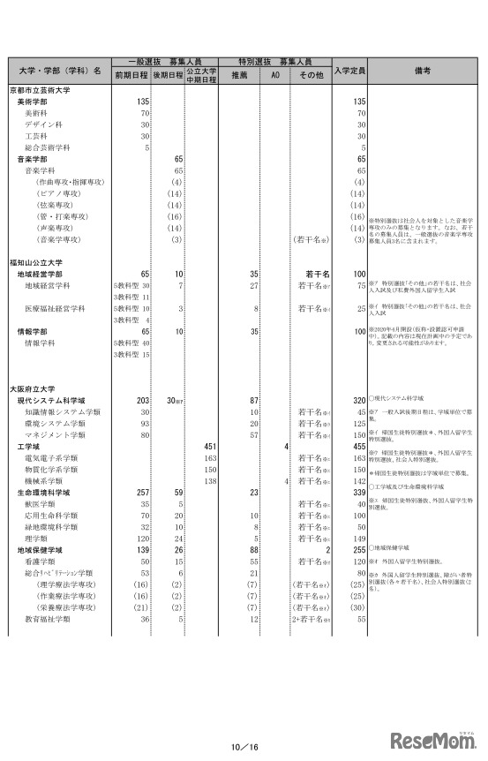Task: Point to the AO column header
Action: pos(274,76)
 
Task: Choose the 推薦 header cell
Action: pos(238,76)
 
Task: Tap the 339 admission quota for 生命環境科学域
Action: pos(358,492)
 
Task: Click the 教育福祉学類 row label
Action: pos(46,619)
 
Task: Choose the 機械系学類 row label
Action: pos(41,480)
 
